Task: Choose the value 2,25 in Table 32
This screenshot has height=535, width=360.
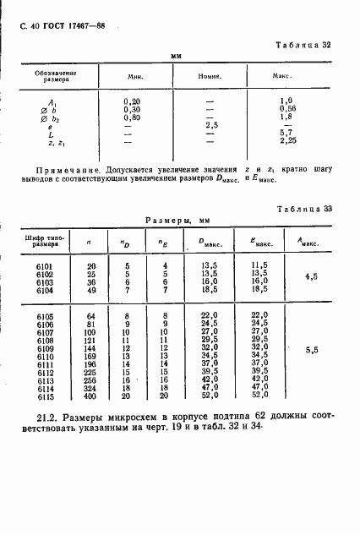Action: coord(286,142)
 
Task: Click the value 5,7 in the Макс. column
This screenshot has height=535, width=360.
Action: coord(286,134)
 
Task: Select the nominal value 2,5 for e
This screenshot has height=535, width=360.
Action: coord(212,125)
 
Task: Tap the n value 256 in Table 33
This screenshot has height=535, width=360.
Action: coord(90,379)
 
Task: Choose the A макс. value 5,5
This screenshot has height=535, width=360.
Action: coord(310,348)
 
